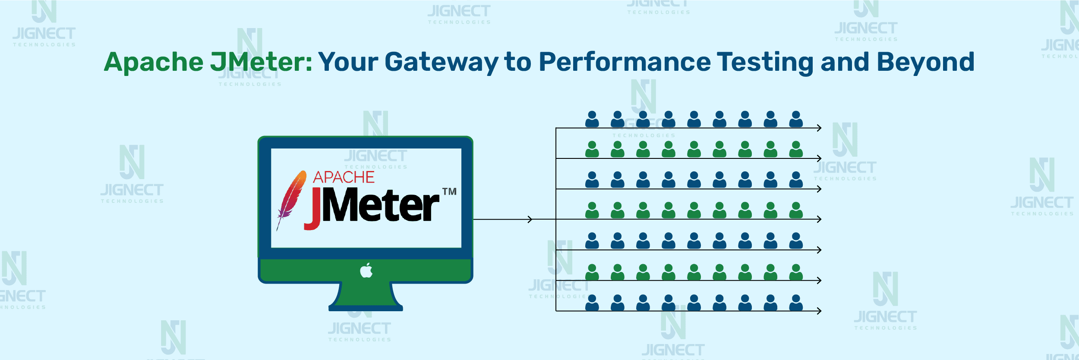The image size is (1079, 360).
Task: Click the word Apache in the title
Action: point(154,62)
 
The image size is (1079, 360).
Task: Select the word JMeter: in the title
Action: point(261,62)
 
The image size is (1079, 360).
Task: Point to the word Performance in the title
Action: point(625,62)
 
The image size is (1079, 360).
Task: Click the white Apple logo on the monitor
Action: point(366,270)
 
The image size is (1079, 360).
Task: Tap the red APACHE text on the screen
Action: point(344,177)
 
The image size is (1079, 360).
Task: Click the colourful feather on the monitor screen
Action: point(291,200)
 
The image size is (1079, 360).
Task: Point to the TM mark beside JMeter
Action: point(449,191)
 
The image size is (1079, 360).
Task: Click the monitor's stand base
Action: point(366,308)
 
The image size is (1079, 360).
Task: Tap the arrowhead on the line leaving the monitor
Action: point(530,219)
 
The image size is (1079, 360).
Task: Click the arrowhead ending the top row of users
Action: point(819,128)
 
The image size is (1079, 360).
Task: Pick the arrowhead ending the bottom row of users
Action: point(819,311)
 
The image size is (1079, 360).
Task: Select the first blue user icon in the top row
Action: point(592,119)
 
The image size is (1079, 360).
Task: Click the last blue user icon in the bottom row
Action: point(796,303)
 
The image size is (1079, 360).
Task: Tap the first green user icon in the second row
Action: point(592,149)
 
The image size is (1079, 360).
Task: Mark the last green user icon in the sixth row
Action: point(796,272)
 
